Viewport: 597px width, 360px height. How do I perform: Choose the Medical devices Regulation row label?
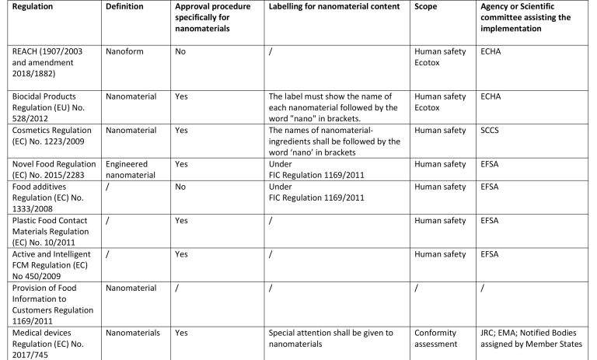point(44,342)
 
